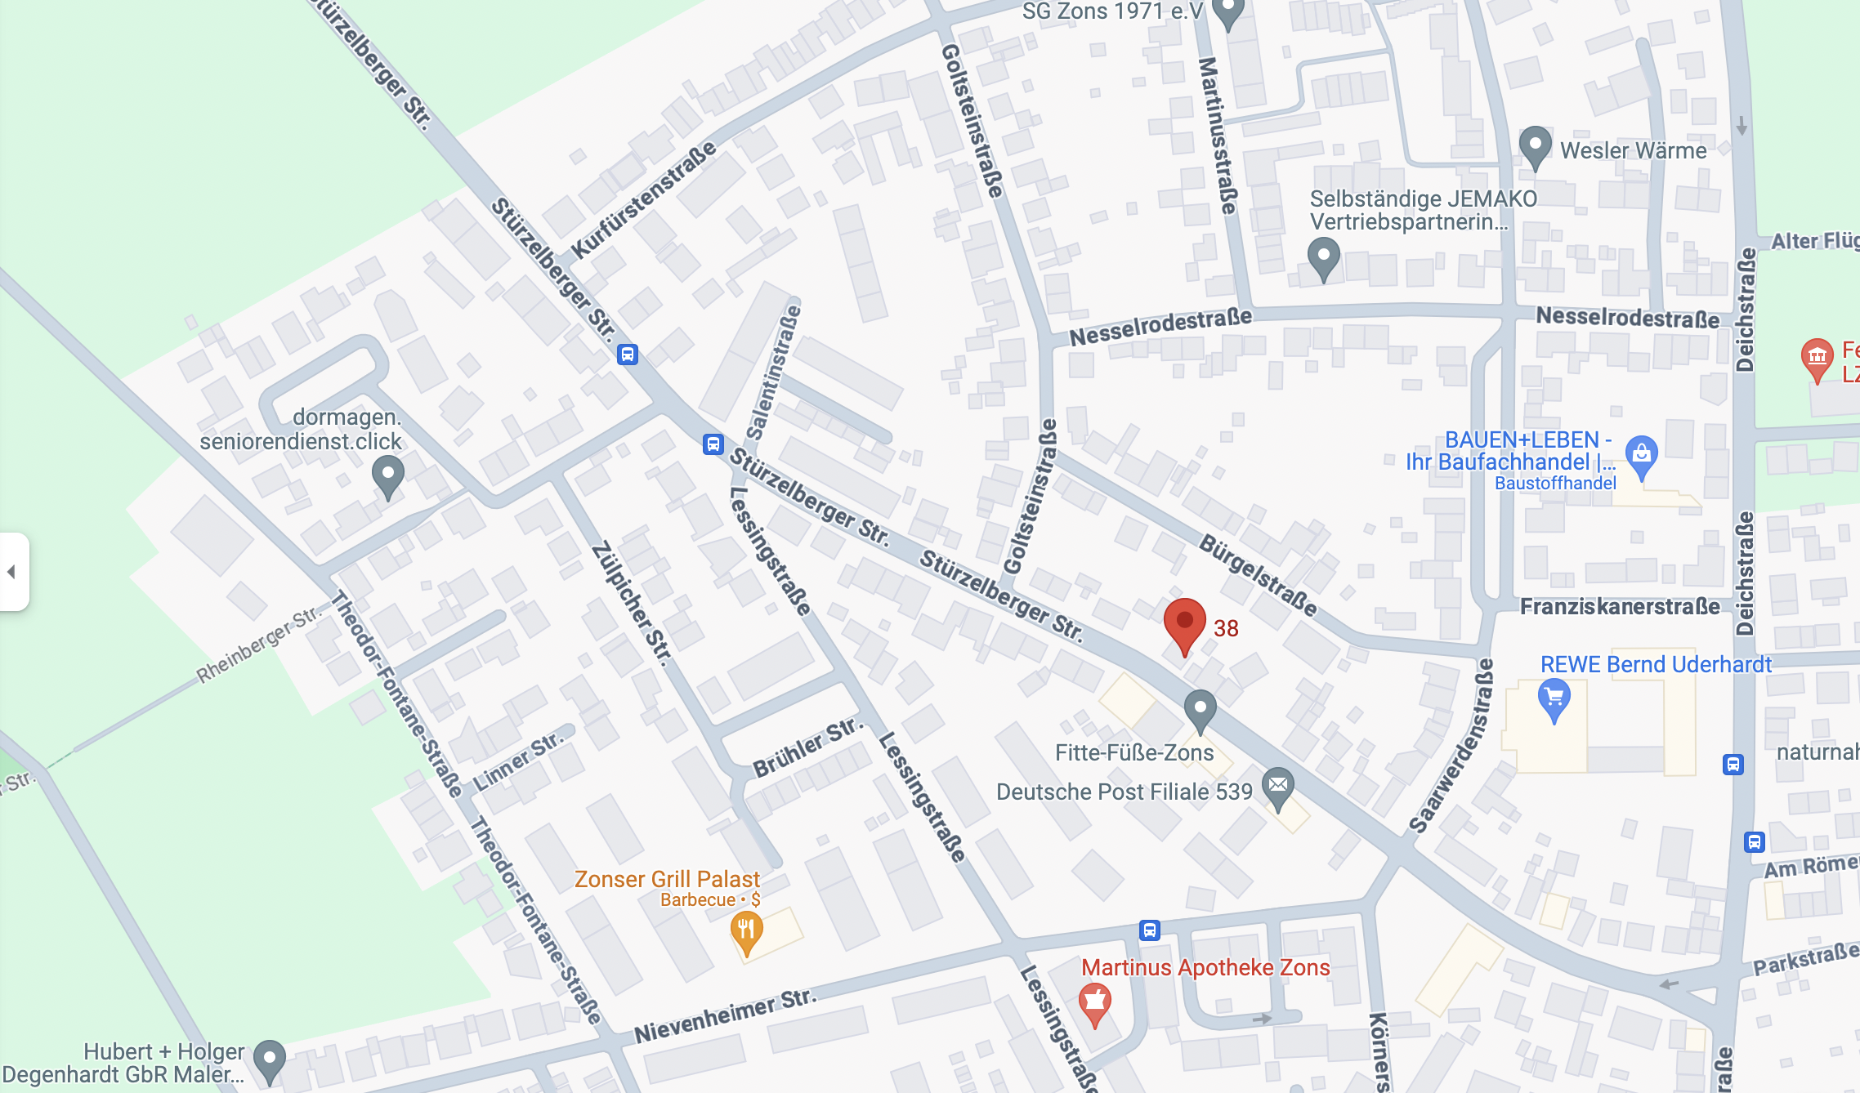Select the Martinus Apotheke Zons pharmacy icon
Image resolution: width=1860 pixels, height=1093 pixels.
[x=1094, y=1001]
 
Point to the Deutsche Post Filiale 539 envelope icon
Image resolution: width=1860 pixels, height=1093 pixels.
[x=1278, y=787]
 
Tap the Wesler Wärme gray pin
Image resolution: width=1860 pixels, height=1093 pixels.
[x=1535, y=145]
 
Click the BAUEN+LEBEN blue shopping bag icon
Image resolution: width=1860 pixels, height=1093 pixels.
[x=1641, y=454]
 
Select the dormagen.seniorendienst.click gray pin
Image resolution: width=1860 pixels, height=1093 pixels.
[x=388, y=475]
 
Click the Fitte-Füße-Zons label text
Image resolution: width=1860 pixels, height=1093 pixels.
[x=1133, y=752]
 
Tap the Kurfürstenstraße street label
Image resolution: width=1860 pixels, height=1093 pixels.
[x=643, y=199]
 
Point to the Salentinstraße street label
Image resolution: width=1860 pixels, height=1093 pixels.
[x=774, y=372]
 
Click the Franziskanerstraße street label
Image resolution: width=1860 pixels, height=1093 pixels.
[x=1619, y=606]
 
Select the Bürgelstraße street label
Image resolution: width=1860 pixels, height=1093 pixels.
[x=1258, y=575]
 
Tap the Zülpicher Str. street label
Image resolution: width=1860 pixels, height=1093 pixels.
[x=632, y=604]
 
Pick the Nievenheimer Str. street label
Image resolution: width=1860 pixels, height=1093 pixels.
[x=725, y=1015]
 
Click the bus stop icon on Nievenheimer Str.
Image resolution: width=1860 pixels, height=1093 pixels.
[x=1149, y=930]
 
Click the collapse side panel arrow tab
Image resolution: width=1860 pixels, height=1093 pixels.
[x=12, y=572]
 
